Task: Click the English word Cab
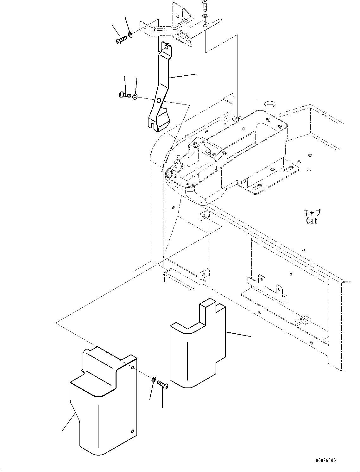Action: coord(312,221)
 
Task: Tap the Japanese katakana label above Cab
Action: coord(312,212)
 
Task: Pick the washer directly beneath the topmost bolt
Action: coord(206,16)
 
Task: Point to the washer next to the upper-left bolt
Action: coord(130,34)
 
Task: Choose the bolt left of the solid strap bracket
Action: coord(125,94)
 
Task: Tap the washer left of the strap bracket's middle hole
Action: coord(135,97)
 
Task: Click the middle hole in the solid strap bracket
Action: coord(159,101)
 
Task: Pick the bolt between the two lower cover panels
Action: coord(163,385)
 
